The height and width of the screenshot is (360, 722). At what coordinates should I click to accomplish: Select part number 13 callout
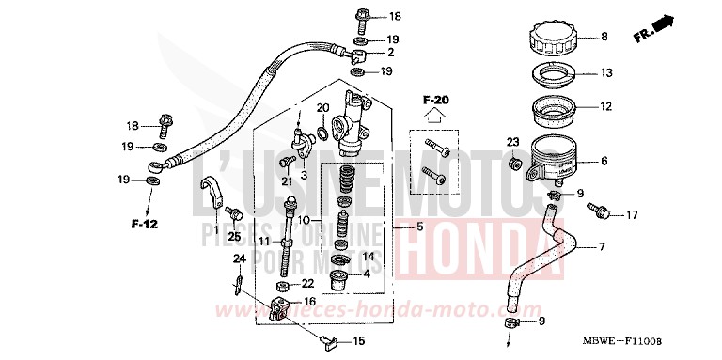coord(605,72)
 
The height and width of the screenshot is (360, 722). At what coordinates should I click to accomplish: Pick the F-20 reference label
coord(435,100)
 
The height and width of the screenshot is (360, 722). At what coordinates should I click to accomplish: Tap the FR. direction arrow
coord(656,29)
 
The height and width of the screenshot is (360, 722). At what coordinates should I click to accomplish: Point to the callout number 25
coord(234,235)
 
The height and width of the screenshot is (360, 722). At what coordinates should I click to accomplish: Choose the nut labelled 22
coord(282,284)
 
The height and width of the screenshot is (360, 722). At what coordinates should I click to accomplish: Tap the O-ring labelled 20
coord(322,134)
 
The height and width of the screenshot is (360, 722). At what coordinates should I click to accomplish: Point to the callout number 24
coord(239,258)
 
